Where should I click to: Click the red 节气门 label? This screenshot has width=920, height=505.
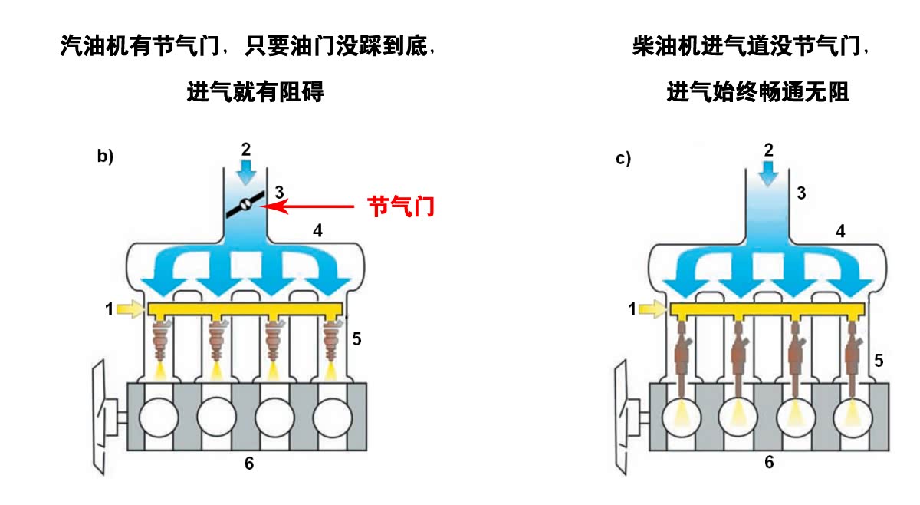[402, 206]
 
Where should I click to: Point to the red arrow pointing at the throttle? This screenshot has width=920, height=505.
[314, 206]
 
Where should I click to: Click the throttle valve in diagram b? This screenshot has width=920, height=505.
[245, 203]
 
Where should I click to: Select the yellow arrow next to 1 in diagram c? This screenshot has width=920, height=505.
[653, 309]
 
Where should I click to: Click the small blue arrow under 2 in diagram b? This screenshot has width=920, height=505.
[245, 171]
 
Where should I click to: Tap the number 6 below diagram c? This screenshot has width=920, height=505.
[769, 462]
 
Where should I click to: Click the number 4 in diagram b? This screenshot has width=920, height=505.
[318, 229]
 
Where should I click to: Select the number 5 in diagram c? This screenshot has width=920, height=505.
[879, 359]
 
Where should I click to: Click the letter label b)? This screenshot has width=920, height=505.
[105, 157]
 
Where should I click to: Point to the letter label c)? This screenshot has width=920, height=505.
[623, 159]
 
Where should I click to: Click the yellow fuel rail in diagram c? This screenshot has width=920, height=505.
[767, 310]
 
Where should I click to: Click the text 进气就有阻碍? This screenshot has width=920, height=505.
[255, 93]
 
